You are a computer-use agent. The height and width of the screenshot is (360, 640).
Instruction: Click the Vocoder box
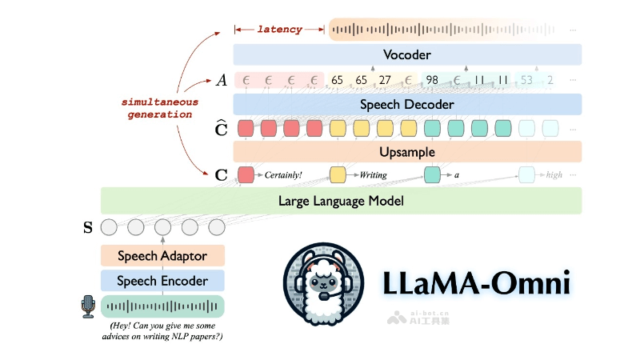click(407, 55)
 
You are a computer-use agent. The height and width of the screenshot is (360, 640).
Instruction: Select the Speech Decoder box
click(407, 105)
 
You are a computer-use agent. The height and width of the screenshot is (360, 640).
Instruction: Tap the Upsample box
click(407, 151)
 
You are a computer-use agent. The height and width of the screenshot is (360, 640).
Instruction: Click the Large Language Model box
click(341, 201)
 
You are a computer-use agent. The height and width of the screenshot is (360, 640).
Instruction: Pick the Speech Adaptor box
click(162, 256)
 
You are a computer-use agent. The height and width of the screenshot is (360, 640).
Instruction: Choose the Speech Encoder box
click(162, 281)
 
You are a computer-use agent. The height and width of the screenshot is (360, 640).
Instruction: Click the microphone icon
click(88, 306)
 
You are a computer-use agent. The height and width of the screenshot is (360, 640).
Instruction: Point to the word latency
click(279, 30)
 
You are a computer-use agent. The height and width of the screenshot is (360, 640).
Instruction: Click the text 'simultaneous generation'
click(160, 109)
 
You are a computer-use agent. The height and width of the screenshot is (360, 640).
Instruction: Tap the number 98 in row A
click(432, 80)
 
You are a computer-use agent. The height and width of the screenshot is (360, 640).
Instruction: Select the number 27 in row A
click(385, 80)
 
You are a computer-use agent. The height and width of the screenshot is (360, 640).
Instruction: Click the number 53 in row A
click(526, 80)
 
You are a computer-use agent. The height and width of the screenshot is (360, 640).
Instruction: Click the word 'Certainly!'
click(285, 174)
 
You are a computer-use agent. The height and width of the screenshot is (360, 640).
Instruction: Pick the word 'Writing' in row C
click(374, 174)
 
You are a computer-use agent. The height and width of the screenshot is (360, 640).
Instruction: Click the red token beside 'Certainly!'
click(246, 174)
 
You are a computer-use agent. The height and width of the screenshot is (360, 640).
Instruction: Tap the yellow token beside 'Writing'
click(338, 174)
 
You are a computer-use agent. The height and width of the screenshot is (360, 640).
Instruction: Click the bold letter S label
click(88, 227)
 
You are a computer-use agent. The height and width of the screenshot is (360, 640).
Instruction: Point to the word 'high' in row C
click(554, 174)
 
